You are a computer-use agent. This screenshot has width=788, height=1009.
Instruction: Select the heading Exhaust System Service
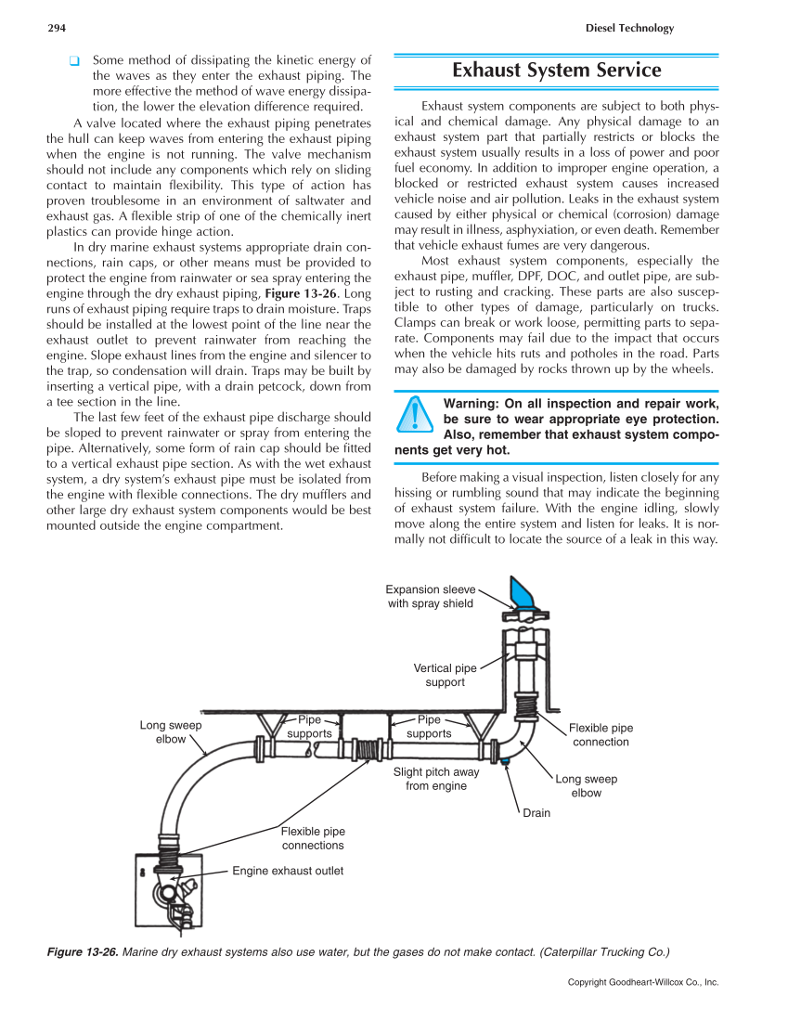pyautogui.click(x=556, y=71)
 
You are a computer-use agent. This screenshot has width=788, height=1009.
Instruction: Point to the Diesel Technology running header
pyautogui.click(x=629, y=28)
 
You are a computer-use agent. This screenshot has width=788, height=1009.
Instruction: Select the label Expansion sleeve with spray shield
pyautogui.click(x=431, y=596)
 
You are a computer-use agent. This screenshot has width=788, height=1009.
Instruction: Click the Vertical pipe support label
pyautogui.click(x=445, y=675)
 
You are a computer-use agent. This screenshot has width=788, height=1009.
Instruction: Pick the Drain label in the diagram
pyautogui.click(x=536, y=813)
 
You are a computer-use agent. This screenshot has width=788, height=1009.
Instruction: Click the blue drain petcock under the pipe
pyautogui.click(x=505, y=762)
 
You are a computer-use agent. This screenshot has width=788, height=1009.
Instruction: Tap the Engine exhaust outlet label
pyautogui.click(x=288, y=871)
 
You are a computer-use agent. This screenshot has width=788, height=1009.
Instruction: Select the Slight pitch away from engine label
pyautogui.click(x=436, y=779)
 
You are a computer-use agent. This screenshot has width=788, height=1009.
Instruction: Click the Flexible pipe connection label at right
pyautogui.click(x=601, y=735)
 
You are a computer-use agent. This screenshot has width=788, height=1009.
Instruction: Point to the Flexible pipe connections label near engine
pyautogui.click(x=313, y=838)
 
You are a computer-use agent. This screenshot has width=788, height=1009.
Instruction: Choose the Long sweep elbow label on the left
pyautogui.click(x=171, y=732)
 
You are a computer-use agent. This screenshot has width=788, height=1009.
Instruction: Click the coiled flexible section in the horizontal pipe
pyautogui.click(x=371, y=747)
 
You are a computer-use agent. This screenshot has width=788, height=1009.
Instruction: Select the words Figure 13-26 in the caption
pyautogui.click(x=82, y=952)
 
